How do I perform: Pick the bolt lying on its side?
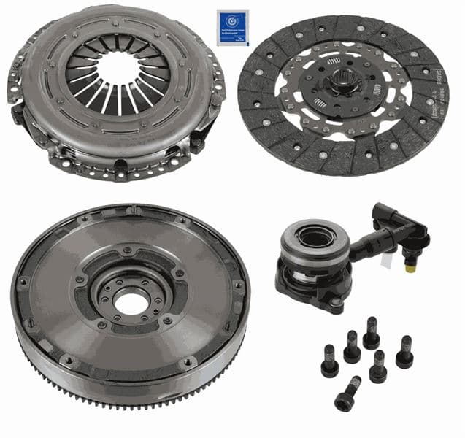pyautogui.click(x=348, y=392)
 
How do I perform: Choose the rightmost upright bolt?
pyautogui.click(x=404, y=351)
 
